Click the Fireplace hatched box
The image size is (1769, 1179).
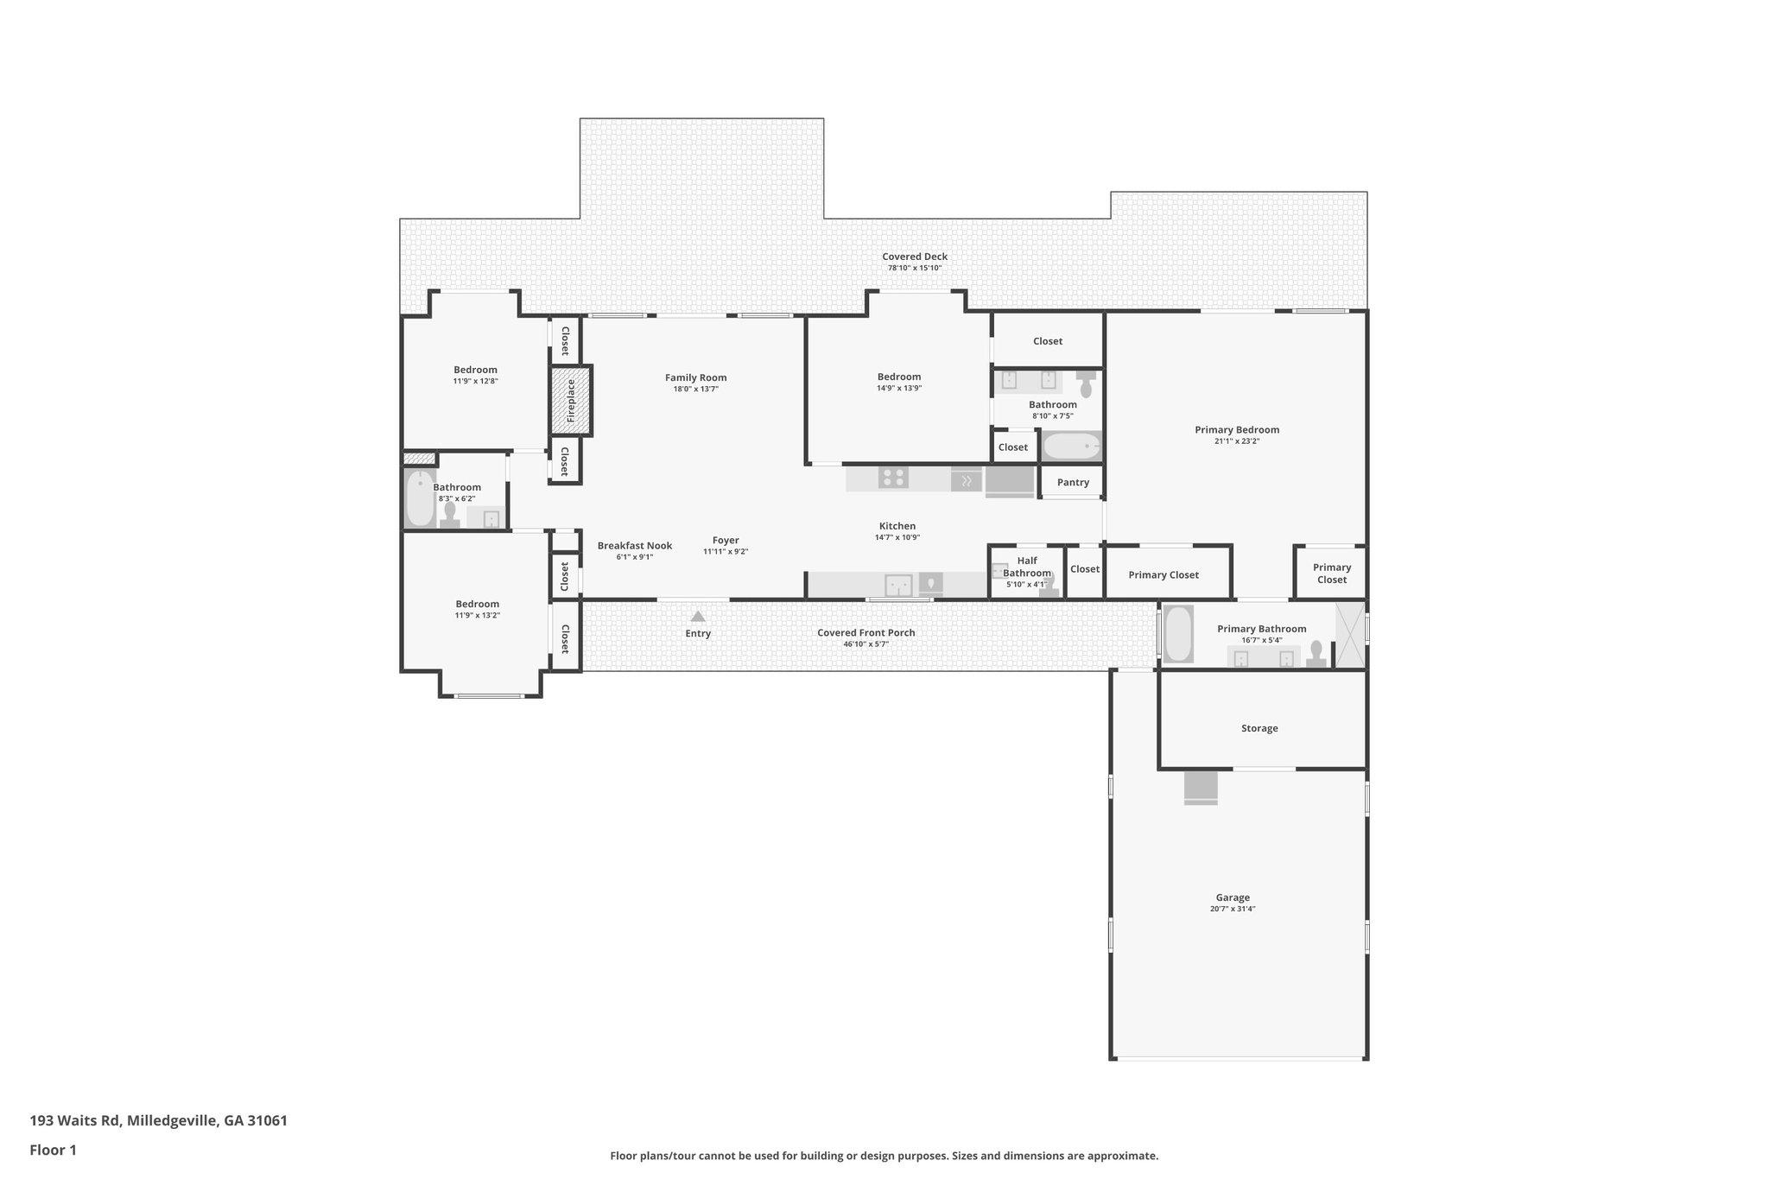coord(571,401)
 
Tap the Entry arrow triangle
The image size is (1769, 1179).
coord(698,617)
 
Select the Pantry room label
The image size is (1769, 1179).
coord(1073,483)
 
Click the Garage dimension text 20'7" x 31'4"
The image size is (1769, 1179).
coord(1233,910)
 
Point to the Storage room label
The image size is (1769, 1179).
coord(1259,728)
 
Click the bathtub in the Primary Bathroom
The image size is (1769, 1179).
coord(1178,634)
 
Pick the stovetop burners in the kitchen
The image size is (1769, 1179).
coord(893,478)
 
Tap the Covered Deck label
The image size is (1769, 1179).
coord(914,257)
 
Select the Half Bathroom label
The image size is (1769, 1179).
coord(1027,567)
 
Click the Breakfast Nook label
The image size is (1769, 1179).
coord(635,546)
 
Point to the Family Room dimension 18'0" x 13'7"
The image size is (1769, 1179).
coord(695,390)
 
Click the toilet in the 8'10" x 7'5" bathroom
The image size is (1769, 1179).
coord(1086,386)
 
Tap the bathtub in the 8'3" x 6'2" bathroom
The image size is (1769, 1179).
coord(421,498)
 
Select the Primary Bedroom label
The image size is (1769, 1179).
coord(1237,430)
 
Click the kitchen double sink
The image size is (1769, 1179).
coord(898,586)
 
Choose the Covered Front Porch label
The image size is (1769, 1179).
coord(866,633)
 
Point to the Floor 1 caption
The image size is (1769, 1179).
coord(54,1150)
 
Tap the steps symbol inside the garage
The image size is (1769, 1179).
coord(1201,788)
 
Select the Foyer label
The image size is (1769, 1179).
coord(726,541)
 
